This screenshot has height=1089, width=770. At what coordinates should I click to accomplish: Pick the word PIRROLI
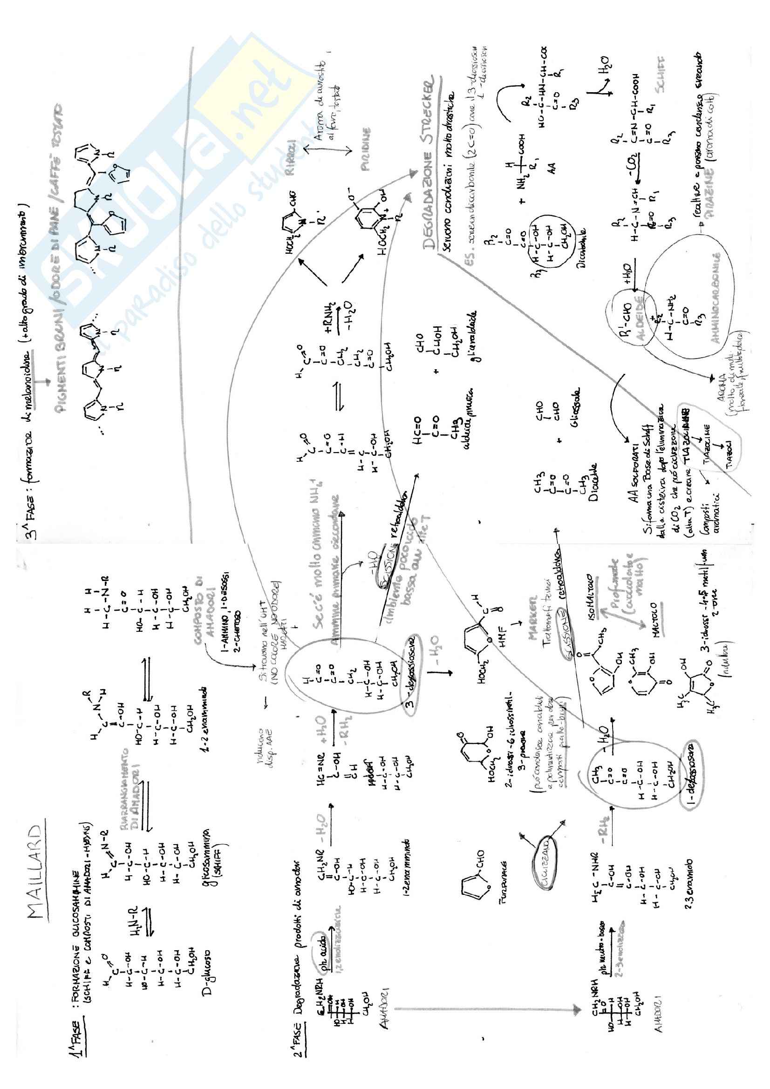[x=292, y=163]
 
